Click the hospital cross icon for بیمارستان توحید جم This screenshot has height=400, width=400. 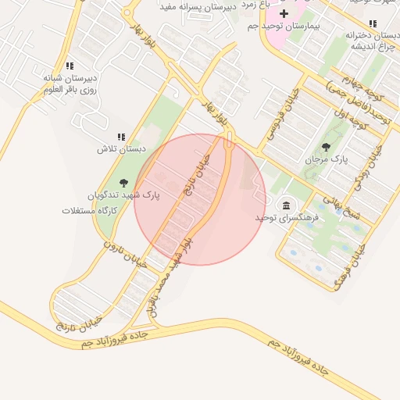pyautogui.click(x=284, y=13)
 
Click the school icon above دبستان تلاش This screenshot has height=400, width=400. pyautogui.click(x=121, y=136)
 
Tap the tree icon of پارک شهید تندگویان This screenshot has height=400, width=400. pyautogui.click(x=124, y=183)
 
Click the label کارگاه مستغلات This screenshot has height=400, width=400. pyautogui.click(x=90, y=210)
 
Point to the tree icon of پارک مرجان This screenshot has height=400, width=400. pyautogui.click(x=326, y=146)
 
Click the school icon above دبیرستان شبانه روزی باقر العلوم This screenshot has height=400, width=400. pyautogui.click(x=70, y=66)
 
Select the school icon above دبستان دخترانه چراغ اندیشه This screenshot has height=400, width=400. pyautogui.click(x=373, y=23)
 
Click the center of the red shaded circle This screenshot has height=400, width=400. pyautogui.click(x=200, y=199)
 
